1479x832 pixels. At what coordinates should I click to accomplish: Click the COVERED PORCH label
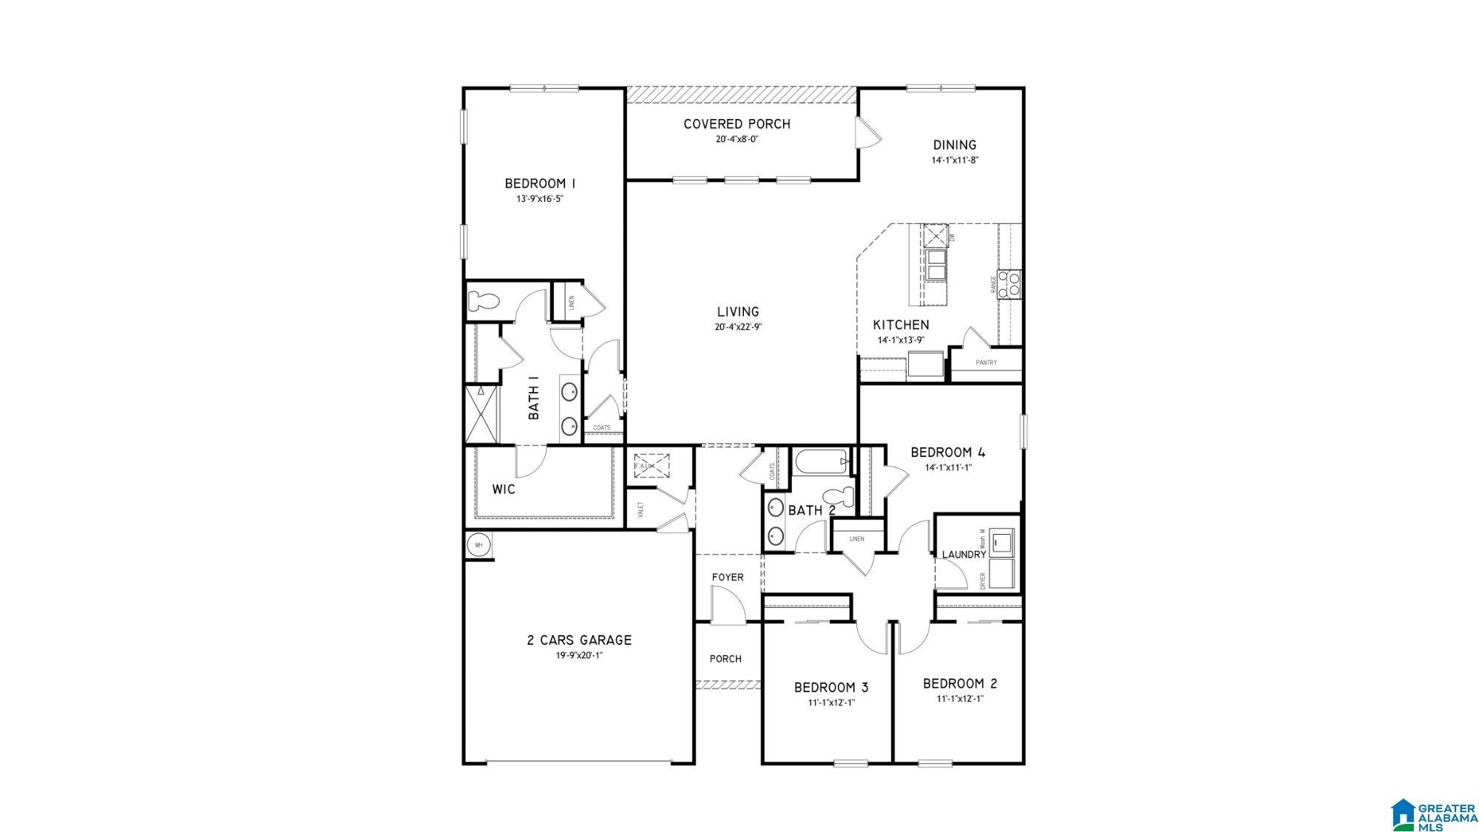tap(737, 124)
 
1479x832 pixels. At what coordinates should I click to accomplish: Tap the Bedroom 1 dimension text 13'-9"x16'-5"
tap(540, 199)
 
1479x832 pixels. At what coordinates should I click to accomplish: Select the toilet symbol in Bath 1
tap(484, 302)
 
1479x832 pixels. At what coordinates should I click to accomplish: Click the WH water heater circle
tap(478, 545)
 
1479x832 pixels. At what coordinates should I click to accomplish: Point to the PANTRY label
tap(986, 362)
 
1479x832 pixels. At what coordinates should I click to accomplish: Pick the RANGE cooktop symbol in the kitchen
tap(1010, 285)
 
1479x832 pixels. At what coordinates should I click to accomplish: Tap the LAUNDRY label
tap(964, 555)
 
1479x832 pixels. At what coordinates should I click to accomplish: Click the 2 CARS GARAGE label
tap(579, 640)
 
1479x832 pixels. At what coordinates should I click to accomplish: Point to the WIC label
tap(504, 490)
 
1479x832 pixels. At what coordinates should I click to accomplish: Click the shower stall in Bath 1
tap(482, 413)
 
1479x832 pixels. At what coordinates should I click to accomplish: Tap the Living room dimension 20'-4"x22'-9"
tap(738, 327)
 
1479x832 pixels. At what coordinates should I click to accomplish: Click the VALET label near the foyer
tap(640, 509)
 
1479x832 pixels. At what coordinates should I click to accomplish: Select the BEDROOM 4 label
tap(947, 453)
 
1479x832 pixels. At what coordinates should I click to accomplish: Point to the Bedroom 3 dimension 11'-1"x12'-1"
tap(831, 703)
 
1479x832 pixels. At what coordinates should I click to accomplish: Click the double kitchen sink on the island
tap(935, 265)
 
